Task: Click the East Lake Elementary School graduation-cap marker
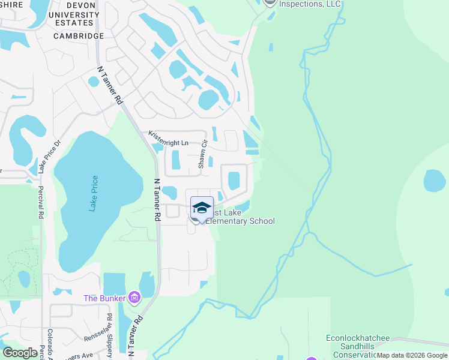[202, 208]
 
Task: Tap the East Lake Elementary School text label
[241, 217]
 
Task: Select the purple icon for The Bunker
[134, 298]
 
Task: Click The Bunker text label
[106, 298]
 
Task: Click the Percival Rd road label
[41, 205]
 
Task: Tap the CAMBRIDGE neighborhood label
[79, 36]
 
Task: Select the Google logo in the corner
[20, 353]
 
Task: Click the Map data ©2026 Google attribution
[412, 355]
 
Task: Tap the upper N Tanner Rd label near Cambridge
[110, 87]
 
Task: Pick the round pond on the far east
[435, 181]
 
